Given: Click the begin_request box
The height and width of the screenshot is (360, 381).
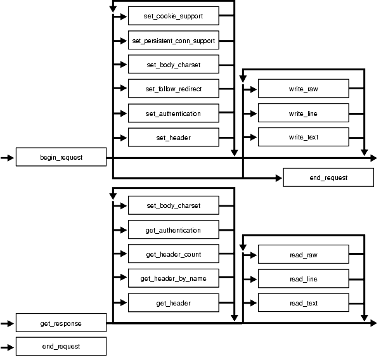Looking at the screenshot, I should click(61, 157).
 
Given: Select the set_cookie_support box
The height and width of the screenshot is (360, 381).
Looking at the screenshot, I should click(174, 16).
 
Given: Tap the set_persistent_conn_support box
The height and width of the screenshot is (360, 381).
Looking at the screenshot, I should click(174, 41).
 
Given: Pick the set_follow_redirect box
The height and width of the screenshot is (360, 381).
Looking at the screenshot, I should click(174, 89).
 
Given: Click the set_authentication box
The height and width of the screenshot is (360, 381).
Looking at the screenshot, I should click(174, 113).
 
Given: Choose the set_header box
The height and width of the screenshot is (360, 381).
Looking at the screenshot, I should click(174, 138).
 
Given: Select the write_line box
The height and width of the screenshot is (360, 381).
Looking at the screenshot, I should click(303, 113).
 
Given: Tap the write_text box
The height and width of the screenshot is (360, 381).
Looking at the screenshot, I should click(303, 138).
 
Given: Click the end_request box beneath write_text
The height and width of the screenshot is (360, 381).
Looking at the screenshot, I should click(328, 178).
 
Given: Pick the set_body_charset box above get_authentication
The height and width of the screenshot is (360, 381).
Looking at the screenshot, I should click(174, 206).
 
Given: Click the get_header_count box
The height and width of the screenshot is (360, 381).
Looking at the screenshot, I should click(174, 255).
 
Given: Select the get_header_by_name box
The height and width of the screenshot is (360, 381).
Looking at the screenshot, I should click(174, 279).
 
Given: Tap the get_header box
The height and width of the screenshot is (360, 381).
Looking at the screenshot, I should click(174, 304).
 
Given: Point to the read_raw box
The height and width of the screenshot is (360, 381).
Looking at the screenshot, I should click(303, 255).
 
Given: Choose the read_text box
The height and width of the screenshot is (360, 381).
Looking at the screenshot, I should click(303, 304).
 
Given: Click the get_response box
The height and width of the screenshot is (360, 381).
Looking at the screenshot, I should click(61, 324).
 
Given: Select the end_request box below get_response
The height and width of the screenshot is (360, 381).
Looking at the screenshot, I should click(61, 347).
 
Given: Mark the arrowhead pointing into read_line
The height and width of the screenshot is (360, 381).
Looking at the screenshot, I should click(254, 280).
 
